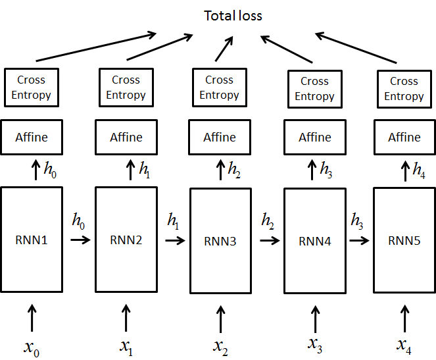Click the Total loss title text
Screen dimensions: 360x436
pos(233,15)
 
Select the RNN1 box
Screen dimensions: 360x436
pos(32,240)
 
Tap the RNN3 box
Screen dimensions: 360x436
pos(220,241)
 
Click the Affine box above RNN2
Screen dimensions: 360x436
pos(126,138)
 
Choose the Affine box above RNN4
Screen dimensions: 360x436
pos(314,138)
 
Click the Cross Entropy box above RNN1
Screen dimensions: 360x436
pos(32,88)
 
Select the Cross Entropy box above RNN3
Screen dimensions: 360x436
pos(220,88)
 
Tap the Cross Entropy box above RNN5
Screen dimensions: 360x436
pos(404,89)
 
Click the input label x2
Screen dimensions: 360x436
pos(220,346)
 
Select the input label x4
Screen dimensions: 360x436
pos(404,344)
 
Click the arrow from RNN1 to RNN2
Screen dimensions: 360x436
pos(80,240)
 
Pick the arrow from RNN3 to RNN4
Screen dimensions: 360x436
pos(269,241)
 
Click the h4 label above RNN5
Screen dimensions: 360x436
pos(418,170)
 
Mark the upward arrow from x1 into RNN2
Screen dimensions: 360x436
pos(126,317)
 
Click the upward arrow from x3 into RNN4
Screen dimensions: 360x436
pos(314,318)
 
